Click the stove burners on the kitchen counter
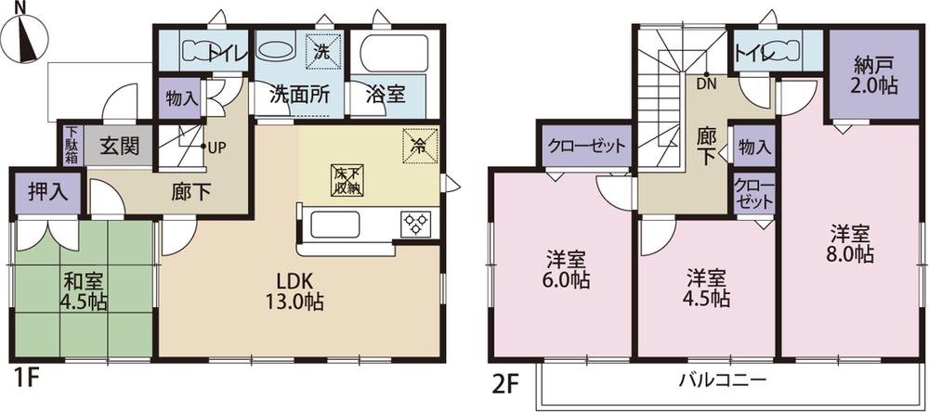(414, 224)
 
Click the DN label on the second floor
(708, 81)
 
